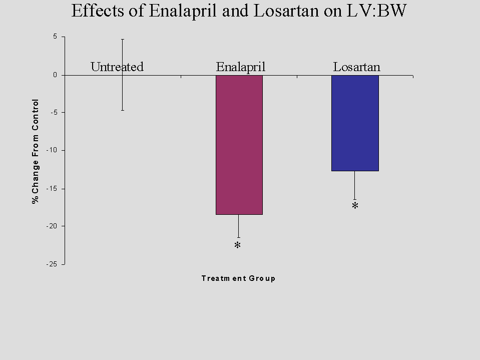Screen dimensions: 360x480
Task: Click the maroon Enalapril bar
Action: [x=239, y=145]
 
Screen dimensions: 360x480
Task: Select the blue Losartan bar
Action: [x=355, y=123]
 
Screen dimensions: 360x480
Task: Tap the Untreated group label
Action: [x=117, y=67]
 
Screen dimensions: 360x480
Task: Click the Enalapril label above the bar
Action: [x=240, y=67]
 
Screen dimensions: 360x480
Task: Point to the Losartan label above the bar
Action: [x=357, y=67]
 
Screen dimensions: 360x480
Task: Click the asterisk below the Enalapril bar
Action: [x=238, y=246]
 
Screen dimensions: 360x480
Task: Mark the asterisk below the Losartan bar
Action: [x=355, y=206]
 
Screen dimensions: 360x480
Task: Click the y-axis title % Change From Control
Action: [x=36, y=150]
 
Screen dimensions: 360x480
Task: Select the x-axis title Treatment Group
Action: [x=238, y=278]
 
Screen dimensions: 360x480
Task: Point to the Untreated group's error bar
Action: [x=123, y=75]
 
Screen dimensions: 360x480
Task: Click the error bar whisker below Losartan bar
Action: [x=355, y=185]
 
